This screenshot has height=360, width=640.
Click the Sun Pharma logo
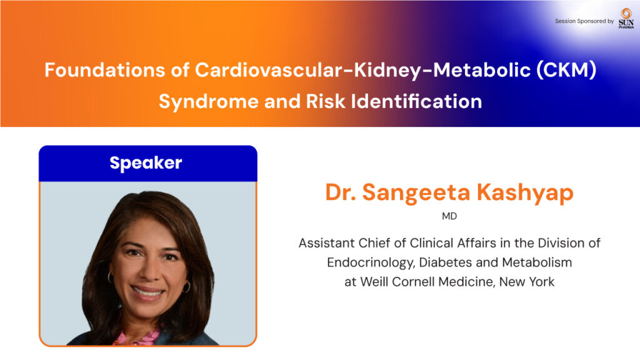626,18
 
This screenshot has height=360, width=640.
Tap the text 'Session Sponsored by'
584,21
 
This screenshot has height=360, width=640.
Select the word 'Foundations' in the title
104,70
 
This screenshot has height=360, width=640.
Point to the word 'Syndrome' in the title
209,102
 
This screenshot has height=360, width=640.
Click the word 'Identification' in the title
416,101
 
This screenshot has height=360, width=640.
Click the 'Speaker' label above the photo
146,163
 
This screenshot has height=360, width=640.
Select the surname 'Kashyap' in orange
525,193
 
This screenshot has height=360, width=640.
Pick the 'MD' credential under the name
449,216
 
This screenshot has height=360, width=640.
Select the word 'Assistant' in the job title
326,243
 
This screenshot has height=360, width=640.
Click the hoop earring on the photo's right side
186,286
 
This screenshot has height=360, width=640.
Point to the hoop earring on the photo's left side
110,277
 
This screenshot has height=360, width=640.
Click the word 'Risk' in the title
326,101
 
